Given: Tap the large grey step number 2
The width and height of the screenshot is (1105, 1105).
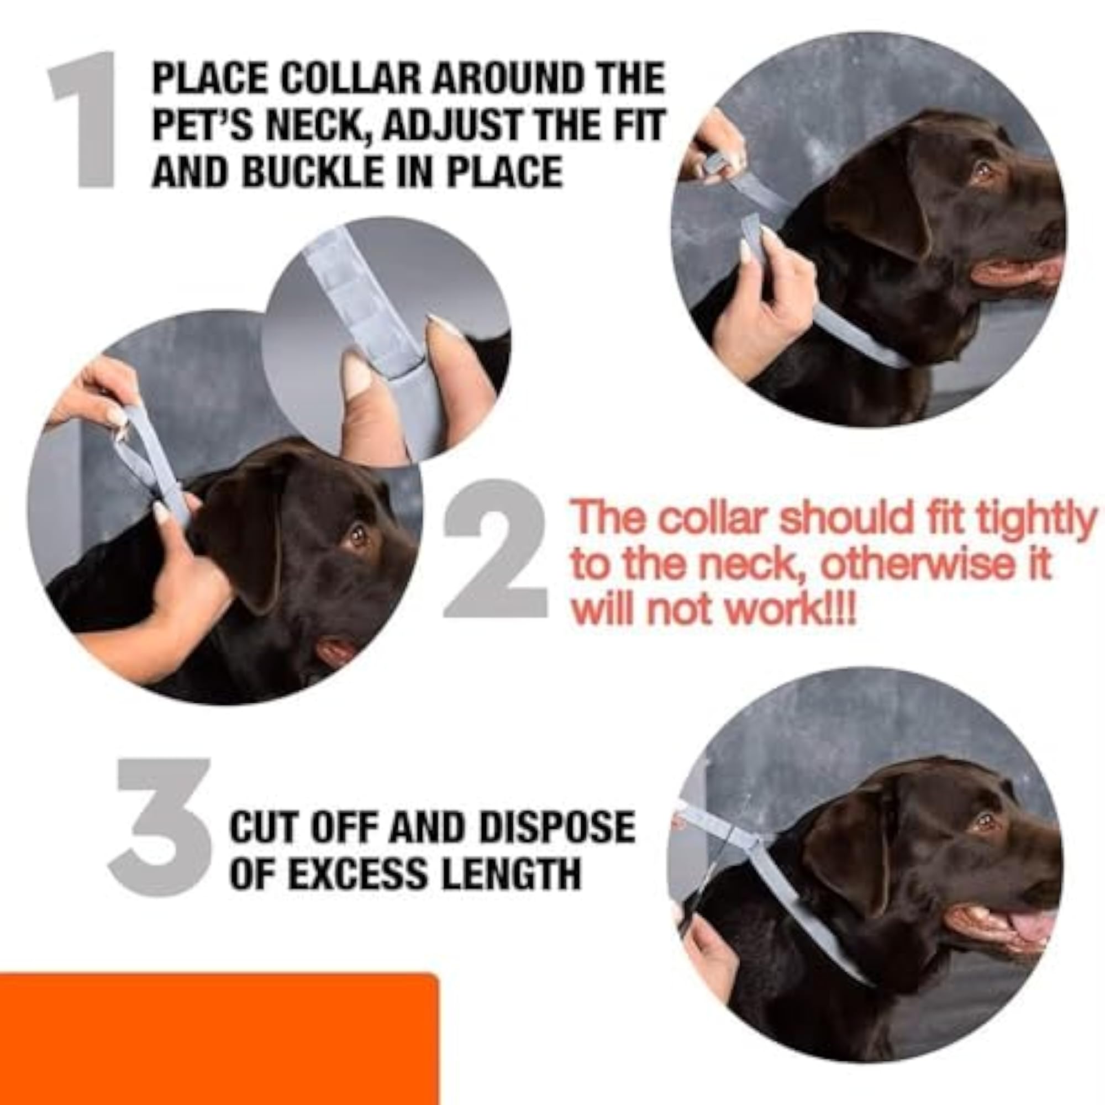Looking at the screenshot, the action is pyautogui.click(x=495, y=549).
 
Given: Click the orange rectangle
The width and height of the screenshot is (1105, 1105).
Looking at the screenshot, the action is pyautogui.click(x=218, y=1037).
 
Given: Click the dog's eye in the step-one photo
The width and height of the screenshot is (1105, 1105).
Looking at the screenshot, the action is pyautogui.click(x=984, y=170).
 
